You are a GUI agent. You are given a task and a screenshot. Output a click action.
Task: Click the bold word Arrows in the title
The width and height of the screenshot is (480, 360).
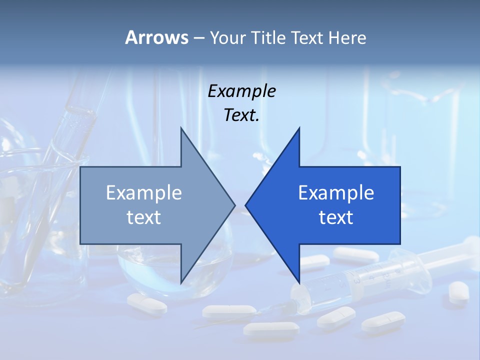156,37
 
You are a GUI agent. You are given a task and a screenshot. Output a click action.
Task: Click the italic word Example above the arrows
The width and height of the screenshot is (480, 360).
242,91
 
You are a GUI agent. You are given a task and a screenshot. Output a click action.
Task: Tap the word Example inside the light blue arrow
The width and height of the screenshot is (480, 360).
144,193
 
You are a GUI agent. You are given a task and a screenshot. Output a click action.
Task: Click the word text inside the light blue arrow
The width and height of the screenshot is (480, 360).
144,217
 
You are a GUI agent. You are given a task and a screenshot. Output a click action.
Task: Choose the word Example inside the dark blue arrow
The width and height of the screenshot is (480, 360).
336,193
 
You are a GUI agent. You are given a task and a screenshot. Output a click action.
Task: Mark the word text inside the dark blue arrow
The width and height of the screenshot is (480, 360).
336,217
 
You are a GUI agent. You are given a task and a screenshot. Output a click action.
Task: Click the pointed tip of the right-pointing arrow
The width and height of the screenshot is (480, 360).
234,205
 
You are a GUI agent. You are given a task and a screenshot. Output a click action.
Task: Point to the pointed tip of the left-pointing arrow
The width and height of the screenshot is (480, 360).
246,205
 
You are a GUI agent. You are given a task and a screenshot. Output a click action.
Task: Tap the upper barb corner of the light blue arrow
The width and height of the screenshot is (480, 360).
181,128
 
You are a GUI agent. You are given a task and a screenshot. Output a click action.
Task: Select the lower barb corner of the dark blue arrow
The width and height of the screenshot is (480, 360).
299,283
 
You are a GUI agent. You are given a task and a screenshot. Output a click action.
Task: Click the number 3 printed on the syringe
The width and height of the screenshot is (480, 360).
357,281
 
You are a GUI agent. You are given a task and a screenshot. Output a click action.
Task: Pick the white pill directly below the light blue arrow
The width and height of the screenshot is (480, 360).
146,303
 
